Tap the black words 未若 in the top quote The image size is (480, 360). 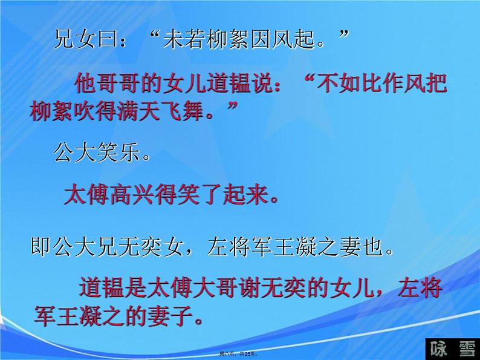(x=186, y=41)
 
